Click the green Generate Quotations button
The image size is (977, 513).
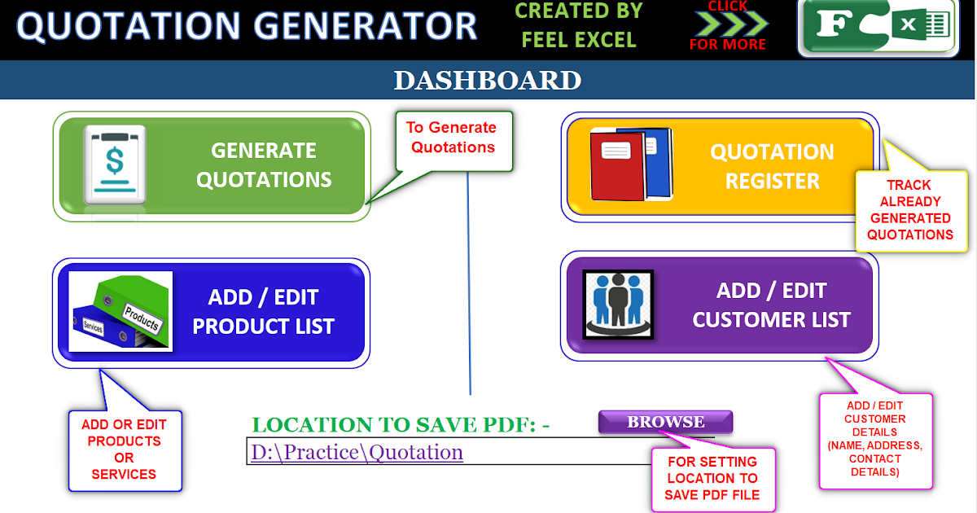[212, 165]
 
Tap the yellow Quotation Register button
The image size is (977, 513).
[720, 168]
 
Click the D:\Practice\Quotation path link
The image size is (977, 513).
[357, 452]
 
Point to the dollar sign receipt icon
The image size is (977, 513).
[115, 164]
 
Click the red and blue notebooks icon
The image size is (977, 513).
[632, 164]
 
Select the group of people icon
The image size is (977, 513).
[618, 305]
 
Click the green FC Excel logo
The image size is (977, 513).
[877, 27]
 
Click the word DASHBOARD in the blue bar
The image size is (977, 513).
[487, 81]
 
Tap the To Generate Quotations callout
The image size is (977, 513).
[453, 138]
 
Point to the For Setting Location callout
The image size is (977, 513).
[712, 478]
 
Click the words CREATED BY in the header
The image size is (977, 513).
[579, 11]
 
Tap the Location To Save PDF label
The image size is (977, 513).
[401, 424]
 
